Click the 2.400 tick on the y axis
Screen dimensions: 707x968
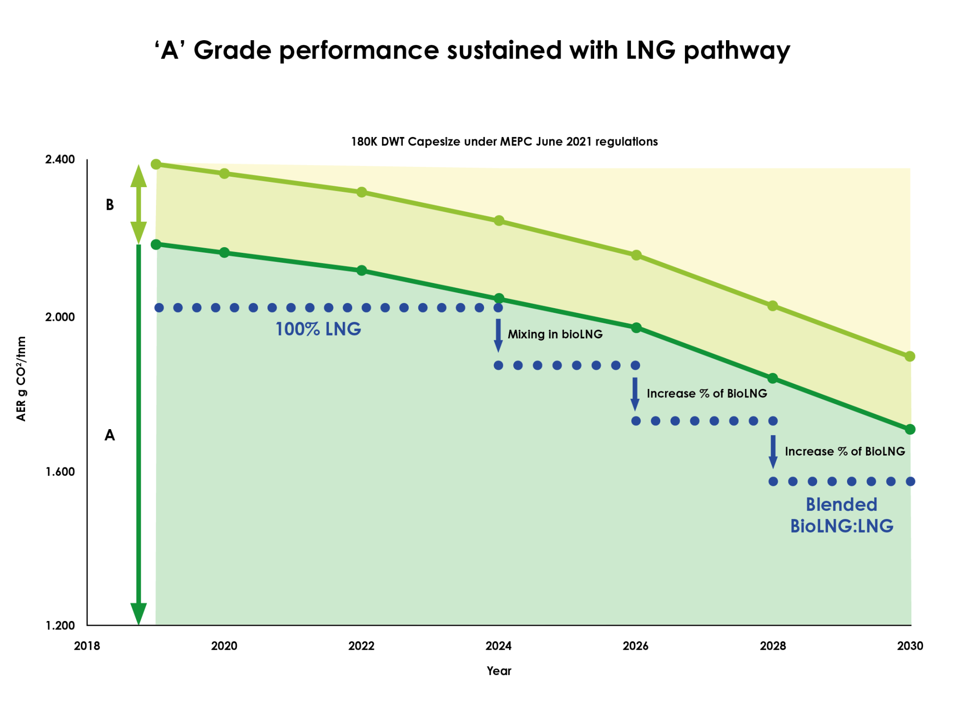click(60, 159)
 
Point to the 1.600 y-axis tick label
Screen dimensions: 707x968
click(60, 472)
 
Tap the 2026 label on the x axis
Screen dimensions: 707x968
click(635, 646)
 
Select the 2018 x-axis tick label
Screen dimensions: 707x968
click(87, 646)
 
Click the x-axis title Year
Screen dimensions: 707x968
click(499, 671)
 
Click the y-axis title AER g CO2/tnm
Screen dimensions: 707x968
click(21, 379)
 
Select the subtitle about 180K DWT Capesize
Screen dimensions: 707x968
click(504, 142)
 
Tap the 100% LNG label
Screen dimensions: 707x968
click(318, 329)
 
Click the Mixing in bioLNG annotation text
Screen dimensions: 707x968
click(555, 335)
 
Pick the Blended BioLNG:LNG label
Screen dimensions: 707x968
click(841, 515)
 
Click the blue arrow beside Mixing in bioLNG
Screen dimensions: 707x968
click(498, 335)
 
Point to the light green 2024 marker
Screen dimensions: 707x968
click(499, 221)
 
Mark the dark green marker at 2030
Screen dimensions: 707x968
click(910, 429)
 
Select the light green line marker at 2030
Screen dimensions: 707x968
click(910, 356)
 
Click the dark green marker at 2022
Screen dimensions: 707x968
click(362, 270)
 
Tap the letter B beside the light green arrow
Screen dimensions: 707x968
click(110, 205)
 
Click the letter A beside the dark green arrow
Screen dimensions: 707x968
click(110, 435)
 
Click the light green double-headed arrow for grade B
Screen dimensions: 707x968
click(138, 204)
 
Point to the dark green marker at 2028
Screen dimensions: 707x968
click(772, 378)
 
